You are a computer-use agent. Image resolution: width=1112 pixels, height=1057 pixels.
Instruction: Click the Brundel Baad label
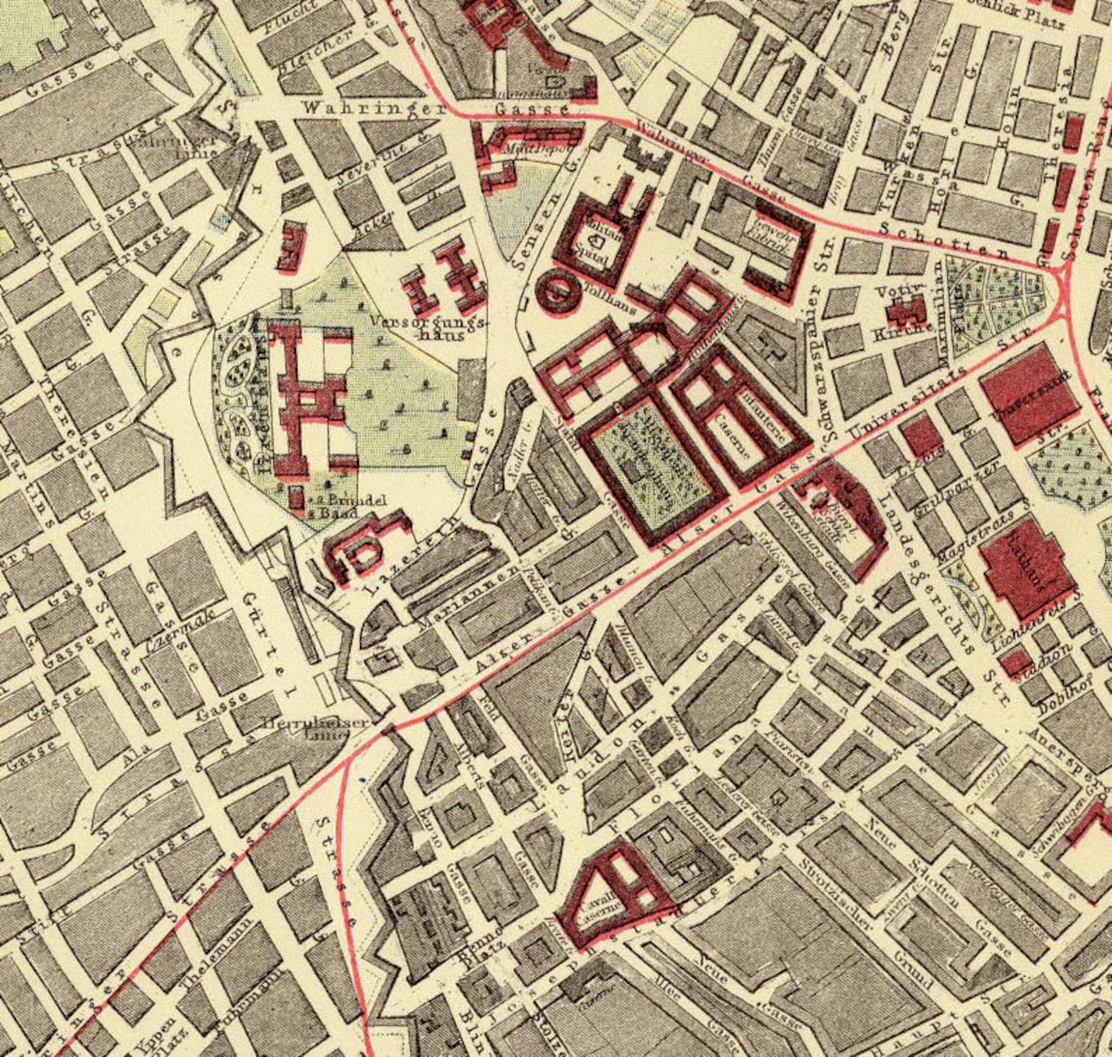pos(334,505)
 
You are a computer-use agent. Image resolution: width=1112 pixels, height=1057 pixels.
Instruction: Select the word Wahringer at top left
pos(352,107)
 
